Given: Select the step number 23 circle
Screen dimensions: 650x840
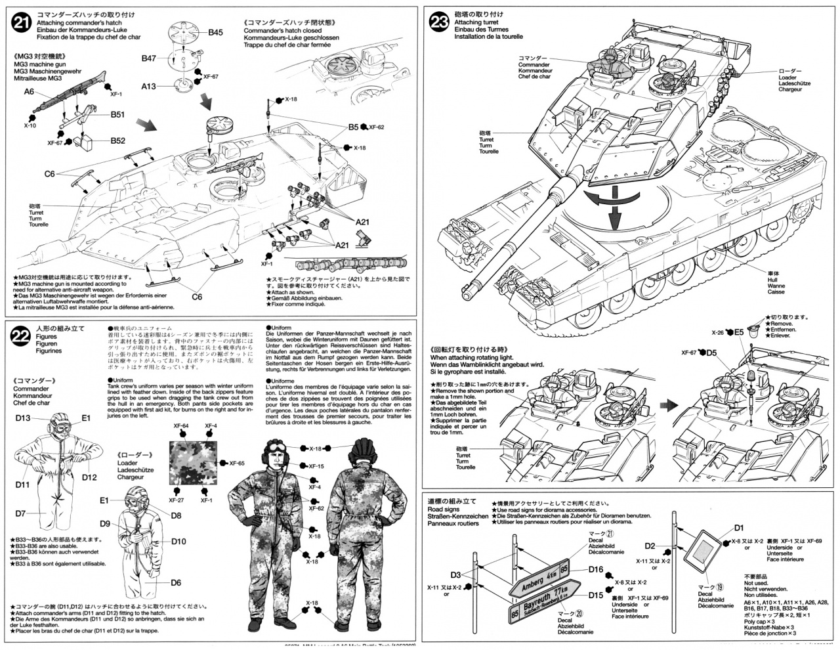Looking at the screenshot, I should [x=439, y=24].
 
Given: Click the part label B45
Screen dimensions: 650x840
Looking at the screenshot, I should [x=216, y=32].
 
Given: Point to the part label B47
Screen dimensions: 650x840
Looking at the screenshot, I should [x=149, y=58].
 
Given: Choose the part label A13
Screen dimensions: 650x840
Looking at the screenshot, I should [x=148, y=86].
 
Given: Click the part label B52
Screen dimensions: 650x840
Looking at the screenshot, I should [x=118, y=141].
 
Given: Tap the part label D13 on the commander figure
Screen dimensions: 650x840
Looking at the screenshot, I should [x=23, y=418].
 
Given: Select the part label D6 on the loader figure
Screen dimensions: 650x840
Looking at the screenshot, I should [x=177, y=582].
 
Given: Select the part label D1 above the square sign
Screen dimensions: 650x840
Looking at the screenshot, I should [x=739, y=527].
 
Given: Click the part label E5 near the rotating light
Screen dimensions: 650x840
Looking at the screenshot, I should [x=739, y=332].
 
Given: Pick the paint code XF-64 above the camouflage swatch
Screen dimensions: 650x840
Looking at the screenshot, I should [x=181, y=427].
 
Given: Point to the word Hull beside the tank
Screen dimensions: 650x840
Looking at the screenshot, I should [x=776, y=278].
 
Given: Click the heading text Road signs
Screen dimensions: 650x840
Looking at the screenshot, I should [x=445, y=509].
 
